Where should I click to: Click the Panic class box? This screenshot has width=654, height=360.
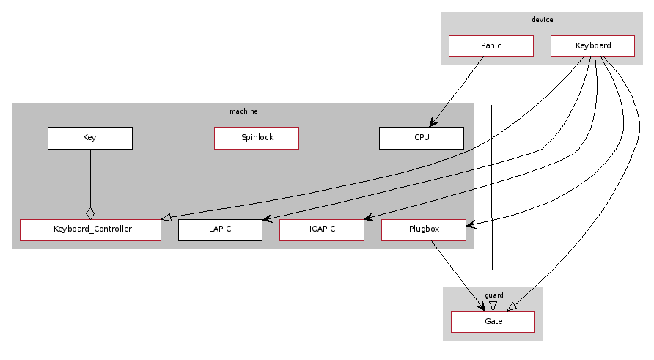pyautogui.click(x=490, y=46)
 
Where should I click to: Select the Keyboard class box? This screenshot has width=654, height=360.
pyautogui.click(x=592, y=46)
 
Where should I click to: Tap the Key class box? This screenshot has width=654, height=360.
pyautogui.click(x=89, y=138)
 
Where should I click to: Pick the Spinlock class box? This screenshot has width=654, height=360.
pyautogui.click(x=257, y=138)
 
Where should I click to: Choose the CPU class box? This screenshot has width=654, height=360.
pyautogui.click(x=421, y=138)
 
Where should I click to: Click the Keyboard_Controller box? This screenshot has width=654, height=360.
pyautogui.click(x=90, y=229)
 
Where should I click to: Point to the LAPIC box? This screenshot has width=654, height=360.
pyautogui.click(x=220, y=229)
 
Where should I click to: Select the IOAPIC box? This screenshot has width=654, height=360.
pyautogui.click(x=321, y=229)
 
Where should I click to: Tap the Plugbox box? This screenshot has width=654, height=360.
pyautogui.click(x=423, y=229)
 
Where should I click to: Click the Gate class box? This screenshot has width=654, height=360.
pyautogui.click(x=493, y=322)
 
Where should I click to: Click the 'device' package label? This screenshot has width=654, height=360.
pyautogui.click(x=542, y=20)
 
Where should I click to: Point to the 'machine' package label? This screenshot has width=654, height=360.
pyautogui.click(x=243, y=111)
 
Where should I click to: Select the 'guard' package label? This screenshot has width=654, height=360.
pyautogui.click(x=493, y=295)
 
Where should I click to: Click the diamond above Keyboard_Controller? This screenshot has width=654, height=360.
pyautogui.click(x=90, y=213)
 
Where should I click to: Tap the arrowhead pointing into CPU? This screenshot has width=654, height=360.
pyautogui.click(x=434, y=123)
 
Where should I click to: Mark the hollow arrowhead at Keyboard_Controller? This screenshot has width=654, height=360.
pyautogui.click(x=166, y=217)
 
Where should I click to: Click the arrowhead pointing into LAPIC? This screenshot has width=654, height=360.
pyautogui.click(x=268, y=218)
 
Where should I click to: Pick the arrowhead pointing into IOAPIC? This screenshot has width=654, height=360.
pyautogui.click(x=369, y=218)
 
